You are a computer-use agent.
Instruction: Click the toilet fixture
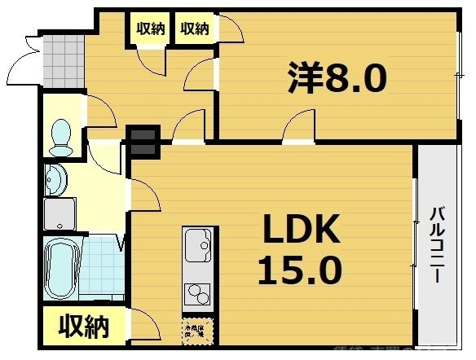click(60, 137)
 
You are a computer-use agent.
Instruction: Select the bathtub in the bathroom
click(59, 269)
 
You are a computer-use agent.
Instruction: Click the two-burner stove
click(197, 291)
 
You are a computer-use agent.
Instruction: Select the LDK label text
click(299, 234)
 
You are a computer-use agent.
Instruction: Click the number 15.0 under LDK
click(299, 269)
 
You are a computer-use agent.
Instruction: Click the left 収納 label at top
click(151, 29)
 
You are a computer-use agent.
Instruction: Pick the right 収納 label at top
click(194, 29)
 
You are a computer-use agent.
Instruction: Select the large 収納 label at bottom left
click(83, 327)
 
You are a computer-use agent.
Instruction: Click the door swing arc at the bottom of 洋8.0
click(299, 126)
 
